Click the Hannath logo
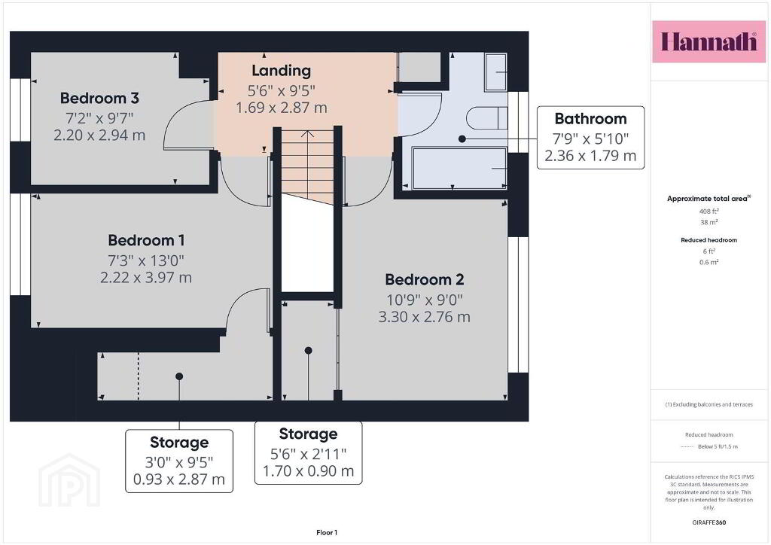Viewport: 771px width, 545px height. (x=709, y=41)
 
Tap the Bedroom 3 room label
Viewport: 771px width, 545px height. (x=99, y=99)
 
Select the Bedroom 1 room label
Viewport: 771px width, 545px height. (x=146, y=240)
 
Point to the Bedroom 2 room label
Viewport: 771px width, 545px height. (x=425, y=279)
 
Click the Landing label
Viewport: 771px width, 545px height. (x=282, y=71)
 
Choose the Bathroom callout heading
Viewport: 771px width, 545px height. (x=590, y=118)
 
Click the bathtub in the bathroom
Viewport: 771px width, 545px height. (x=459, y=168)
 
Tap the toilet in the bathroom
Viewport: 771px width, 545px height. (x=486, y=118)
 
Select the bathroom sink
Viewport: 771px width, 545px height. (x=495, y=72)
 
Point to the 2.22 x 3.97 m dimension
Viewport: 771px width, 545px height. (x=146, y=278)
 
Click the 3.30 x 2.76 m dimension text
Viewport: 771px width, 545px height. (x=425, y=317)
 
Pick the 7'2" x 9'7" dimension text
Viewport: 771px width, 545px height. (x=99, y=118)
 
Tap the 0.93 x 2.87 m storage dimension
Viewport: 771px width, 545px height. (x=179, y=480)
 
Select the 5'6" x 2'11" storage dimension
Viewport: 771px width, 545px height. (x=308, y=454)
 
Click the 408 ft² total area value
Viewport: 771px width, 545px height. (x=709, y=212)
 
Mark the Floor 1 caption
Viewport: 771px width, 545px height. (x=327, y=533)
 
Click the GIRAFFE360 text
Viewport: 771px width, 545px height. (x=709, y=522)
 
